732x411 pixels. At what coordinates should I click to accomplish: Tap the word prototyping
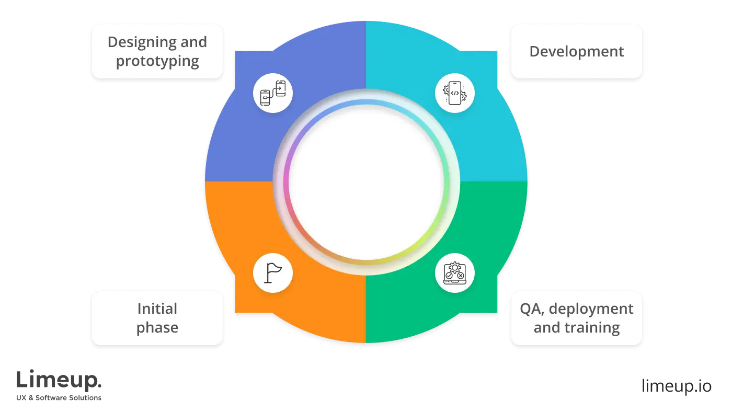point(157,61)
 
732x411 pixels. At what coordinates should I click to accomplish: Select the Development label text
point(576,52)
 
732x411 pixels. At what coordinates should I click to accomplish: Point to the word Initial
point(157,309)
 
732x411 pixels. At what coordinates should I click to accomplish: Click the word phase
point(157,328)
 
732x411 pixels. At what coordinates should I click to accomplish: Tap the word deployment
point(591,309)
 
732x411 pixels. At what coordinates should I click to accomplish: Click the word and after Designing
point(193,42)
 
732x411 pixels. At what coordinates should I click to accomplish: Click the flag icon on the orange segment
point(272,272)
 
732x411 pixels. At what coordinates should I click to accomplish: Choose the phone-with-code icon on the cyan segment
point(455,93)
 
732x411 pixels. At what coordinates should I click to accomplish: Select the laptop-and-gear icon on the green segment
point(455,272)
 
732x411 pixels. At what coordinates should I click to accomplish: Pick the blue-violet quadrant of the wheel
point(241,141)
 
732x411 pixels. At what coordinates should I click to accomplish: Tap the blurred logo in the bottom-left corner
point(60,385)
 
